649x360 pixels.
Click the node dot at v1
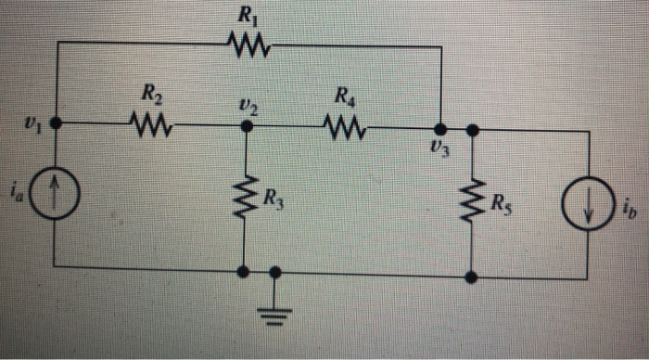click(56, 122)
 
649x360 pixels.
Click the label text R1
click(247, 15)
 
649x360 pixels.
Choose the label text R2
click(149, 93)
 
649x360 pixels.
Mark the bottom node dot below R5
click(473, 276)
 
